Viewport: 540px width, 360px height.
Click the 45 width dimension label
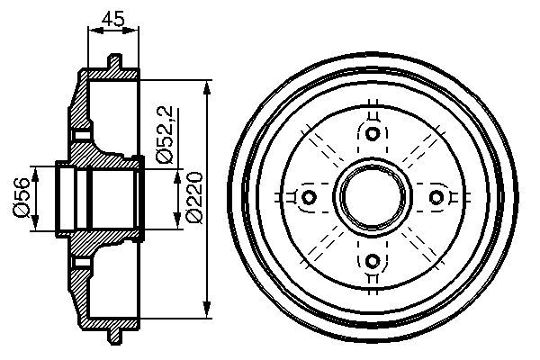coord(112,17)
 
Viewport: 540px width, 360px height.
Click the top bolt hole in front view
coord(373,134)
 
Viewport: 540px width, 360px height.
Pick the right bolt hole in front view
coord(436,197)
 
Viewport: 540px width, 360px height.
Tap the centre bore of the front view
coord(373,197)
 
